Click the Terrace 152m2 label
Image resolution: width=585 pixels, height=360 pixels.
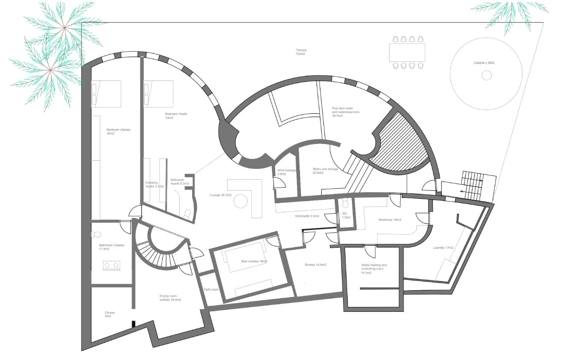pos(301,52)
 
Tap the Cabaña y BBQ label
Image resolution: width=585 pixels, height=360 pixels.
pos(484,63)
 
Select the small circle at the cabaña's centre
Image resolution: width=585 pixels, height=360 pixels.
pos(486,75)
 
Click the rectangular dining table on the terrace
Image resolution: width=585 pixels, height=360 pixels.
pos(407,52)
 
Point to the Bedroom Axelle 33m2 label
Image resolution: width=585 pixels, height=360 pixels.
pos(176,116)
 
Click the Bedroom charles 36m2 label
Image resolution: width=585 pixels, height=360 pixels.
pos(118,131)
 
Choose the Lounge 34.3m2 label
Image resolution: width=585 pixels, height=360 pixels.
pos(220,195)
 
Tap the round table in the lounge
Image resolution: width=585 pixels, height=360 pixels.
pos(241,201)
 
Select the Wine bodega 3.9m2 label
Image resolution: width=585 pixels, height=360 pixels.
pos(286,172)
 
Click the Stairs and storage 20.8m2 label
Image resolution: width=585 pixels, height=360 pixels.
pos(325,171)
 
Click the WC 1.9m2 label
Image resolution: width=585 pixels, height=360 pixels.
pos(346,215)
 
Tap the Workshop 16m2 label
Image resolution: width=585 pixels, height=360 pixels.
pos(390,220)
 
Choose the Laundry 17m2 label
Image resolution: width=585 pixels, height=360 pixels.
pos(443,248)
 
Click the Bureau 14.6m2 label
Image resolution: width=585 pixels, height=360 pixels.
pos(315,265)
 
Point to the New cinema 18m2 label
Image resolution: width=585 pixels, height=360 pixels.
pos(254,261)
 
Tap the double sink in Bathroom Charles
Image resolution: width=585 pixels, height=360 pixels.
pos(111,266)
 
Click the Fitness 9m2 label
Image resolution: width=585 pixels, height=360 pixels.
pos(110,314)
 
